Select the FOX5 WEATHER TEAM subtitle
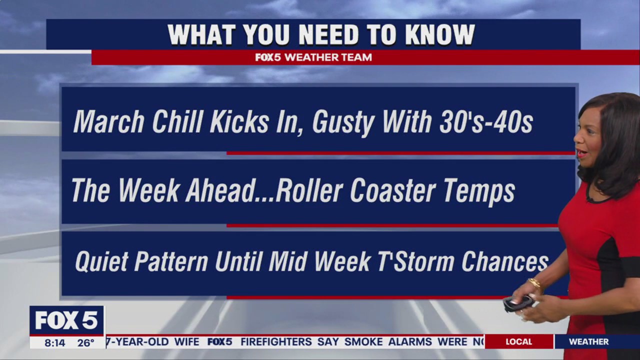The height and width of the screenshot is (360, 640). coord(313,57)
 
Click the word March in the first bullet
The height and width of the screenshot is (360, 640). coord(108,121)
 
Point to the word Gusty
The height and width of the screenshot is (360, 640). coord(343,123)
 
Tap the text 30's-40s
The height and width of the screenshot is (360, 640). coord(486,121)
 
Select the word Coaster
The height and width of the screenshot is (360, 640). coord(393,190)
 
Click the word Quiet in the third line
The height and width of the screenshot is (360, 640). coord(101,261)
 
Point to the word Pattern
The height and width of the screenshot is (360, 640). coord(171,261)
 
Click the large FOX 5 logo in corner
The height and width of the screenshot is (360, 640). coord(66,320)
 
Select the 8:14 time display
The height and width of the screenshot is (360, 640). coord(55,342)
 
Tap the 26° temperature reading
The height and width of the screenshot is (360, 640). coord(85,342)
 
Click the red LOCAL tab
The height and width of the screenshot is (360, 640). coord(519,341)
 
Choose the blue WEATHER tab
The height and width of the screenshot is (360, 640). coord(589,341)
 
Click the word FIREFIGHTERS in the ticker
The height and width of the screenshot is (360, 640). coord(276,341)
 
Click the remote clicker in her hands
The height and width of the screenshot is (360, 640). coord(518,303)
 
